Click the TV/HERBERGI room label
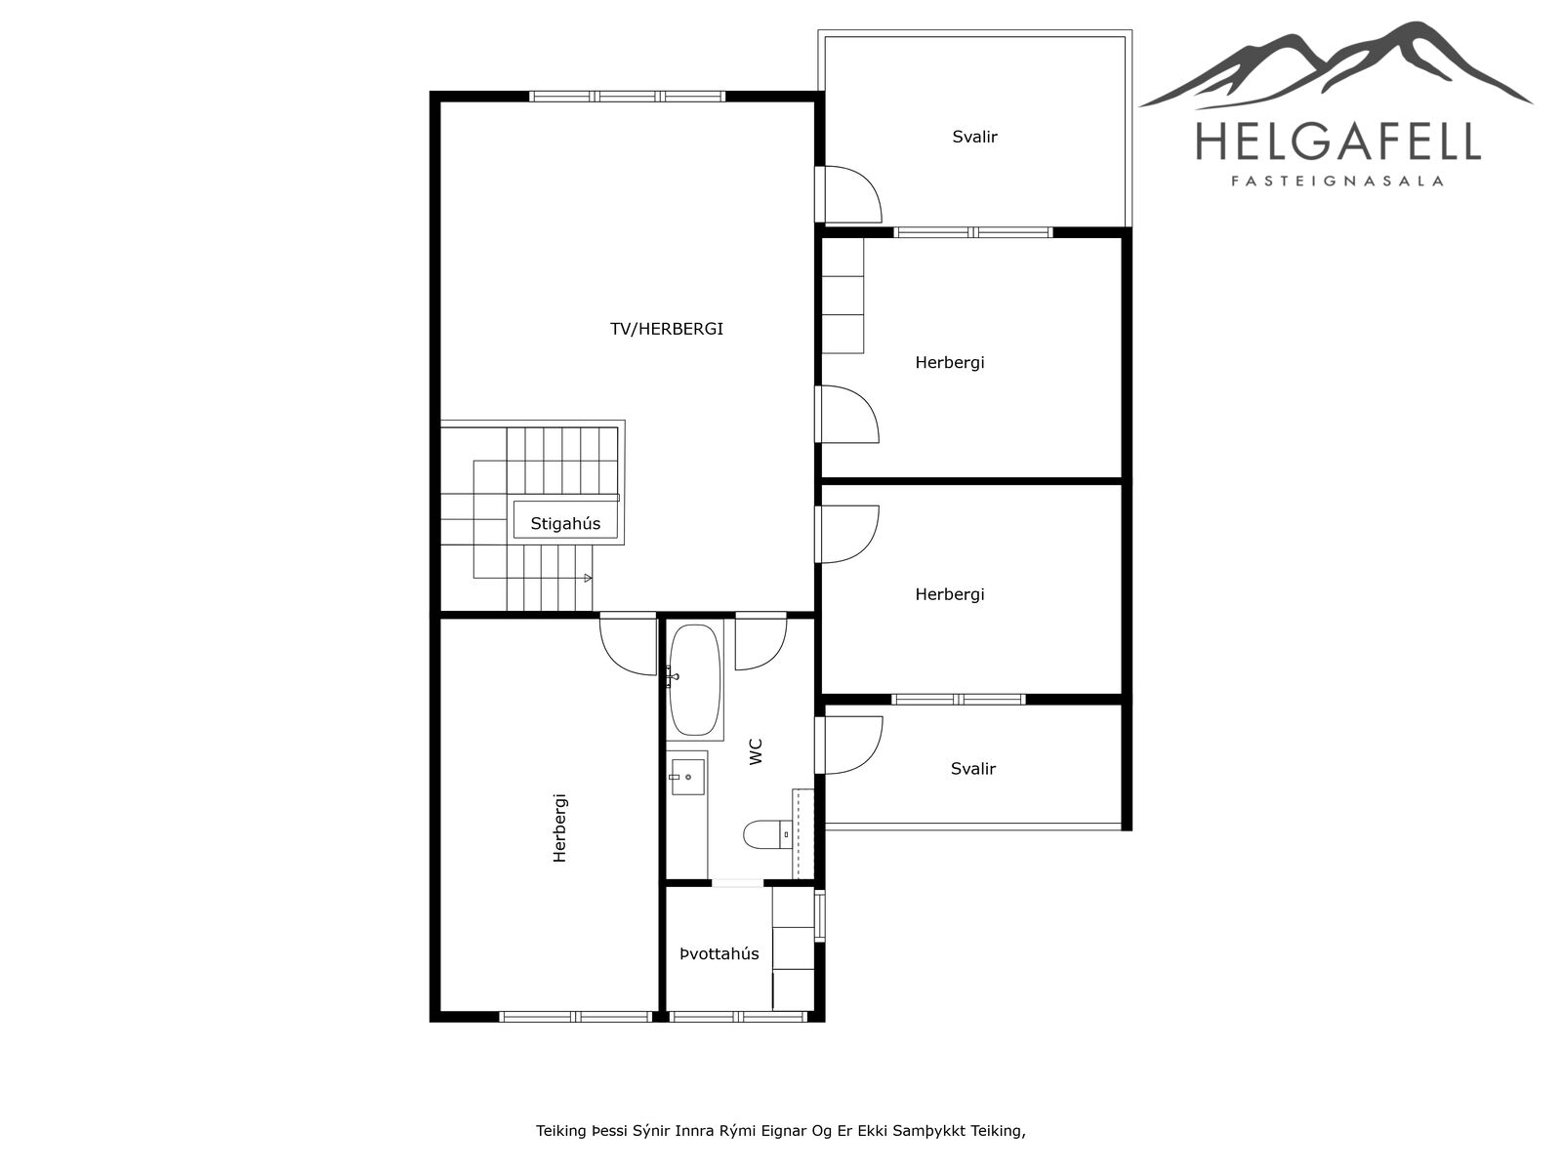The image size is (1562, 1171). click(666, 329)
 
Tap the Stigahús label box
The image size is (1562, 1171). click(565, 520)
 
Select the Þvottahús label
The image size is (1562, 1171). click(719, 953)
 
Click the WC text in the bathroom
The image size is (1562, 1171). click(756, 751)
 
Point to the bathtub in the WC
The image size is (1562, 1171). click(695, 680)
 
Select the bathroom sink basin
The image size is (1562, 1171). click(688, 777)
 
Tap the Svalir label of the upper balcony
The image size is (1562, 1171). click(974, 137)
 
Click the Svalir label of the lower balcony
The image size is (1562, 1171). click(972, 769)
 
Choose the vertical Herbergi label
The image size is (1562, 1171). click(559, 828)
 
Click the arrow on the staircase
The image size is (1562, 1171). click(588, 578)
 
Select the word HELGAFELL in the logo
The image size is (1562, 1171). click(1338, 141)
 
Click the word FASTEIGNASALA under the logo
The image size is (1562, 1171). click(1337, 182)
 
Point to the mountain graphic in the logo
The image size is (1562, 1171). click(1336, 65)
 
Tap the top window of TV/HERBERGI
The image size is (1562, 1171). click(627, 96)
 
